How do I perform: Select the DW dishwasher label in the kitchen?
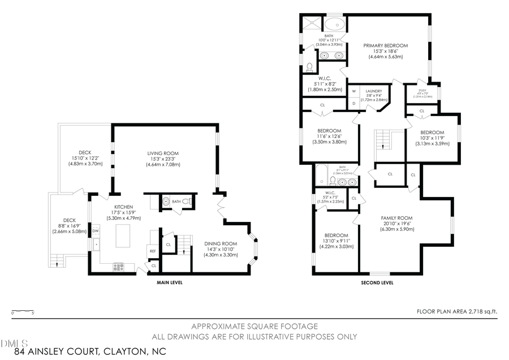click(x=96, y=230)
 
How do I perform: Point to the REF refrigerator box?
click(x=153, y=251)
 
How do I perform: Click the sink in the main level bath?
click(x=166, y=201)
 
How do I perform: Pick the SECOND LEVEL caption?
click(x=377, y=282)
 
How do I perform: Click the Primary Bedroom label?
click(x=386, y=45)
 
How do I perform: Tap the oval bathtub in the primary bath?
click(x=333, y=25)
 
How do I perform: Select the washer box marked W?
click(x=353, y=91)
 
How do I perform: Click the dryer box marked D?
click(x=353, y=103)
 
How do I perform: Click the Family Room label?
click(x=396, y=218)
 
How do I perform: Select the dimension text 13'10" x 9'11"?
click(x=336, y=241)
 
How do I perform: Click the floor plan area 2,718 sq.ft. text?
click(x=457, y=311)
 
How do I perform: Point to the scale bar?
click(x=23, y=311)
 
